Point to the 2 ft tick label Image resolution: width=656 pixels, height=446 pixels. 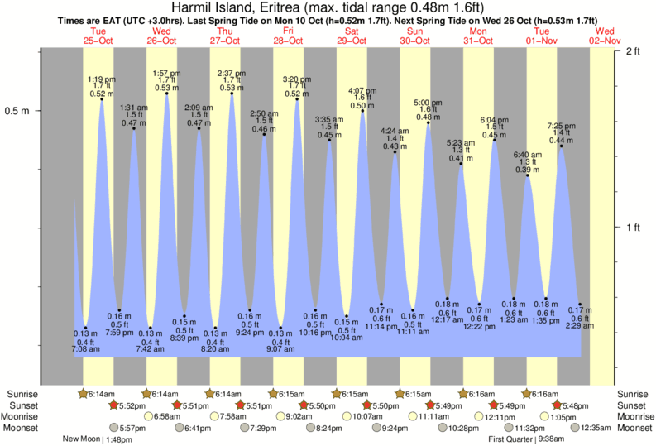click(x=634, y=52)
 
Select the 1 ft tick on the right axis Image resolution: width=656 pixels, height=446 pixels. click(x=634, y=228)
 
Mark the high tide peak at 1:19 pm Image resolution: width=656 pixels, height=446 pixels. click(x=102, y=98)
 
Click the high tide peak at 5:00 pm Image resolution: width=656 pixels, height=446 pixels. click(x=428, y=122)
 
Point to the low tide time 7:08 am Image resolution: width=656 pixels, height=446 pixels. click(x=85, y=350)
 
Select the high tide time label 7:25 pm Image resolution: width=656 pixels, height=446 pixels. click(x=562, y=126)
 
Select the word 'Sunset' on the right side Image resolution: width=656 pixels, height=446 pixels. click(x=633, y=405)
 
